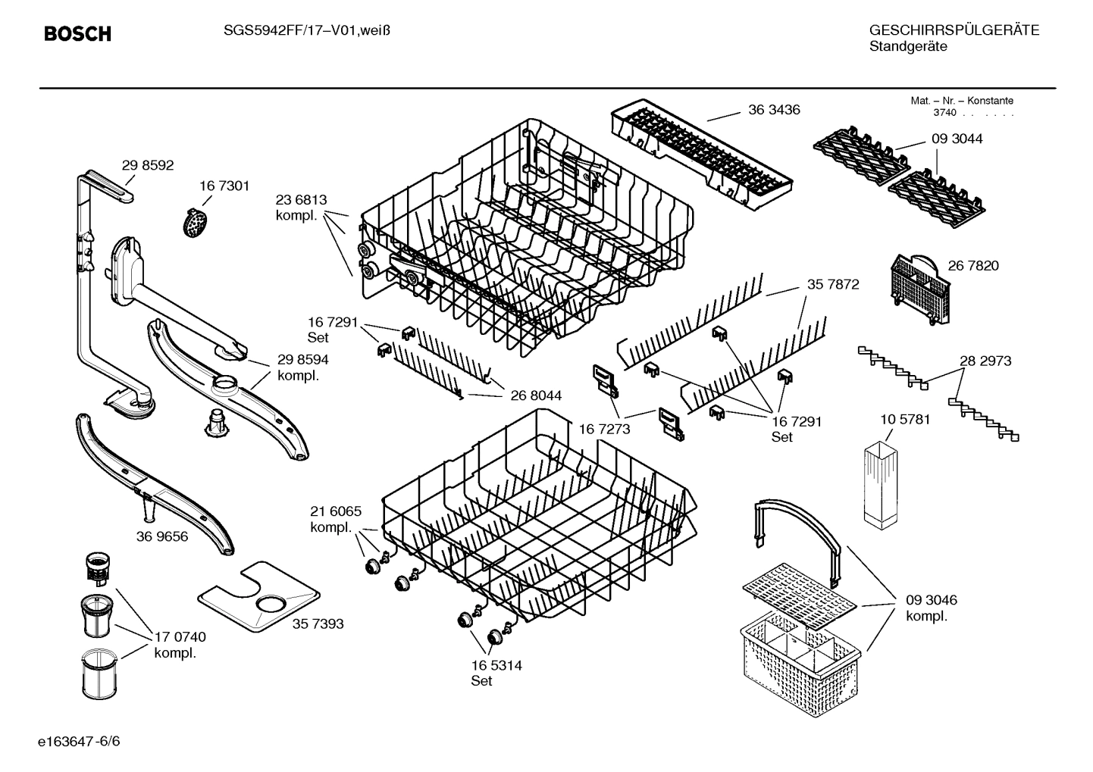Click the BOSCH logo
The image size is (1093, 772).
[77, 34]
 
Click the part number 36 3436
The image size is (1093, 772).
[774, 110]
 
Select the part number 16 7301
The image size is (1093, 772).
[224, 186]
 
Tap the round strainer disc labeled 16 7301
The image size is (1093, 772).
[196, 222]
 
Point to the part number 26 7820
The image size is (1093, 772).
[973, 265]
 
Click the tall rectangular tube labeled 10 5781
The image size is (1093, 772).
[880, 485]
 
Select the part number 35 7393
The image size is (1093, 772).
[318, 624]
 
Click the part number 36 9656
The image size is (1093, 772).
[162, 536]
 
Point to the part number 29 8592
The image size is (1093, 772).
[148, 165]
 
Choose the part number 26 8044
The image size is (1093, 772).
[536, 395]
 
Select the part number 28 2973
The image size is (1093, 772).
[985, 361]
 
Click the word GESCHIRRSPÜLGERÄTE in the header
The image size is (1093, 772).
[954, 31]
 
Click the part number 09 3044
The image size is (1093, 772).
[957, 139]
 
